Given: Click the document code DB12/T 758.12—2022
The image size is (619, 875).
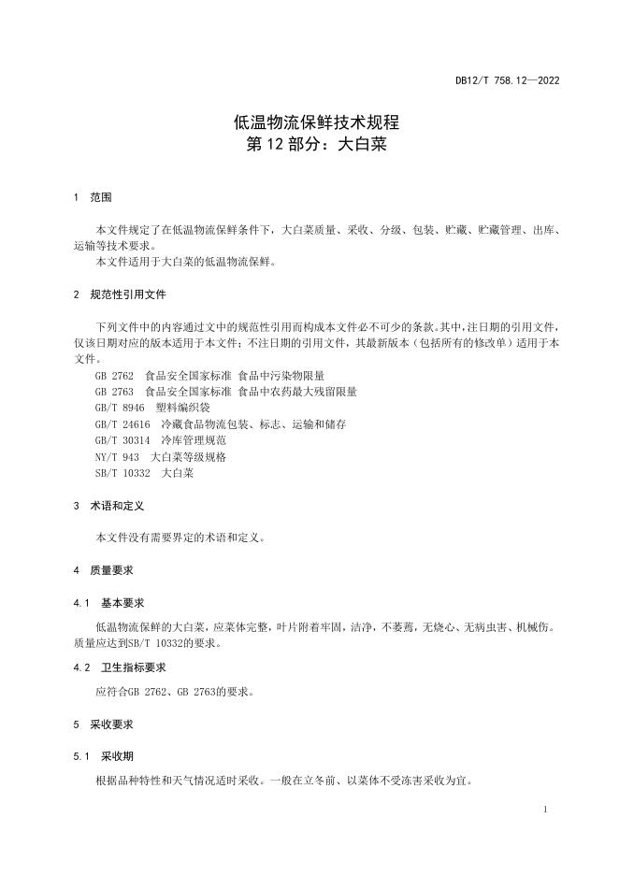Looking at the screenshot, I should coord(507,80).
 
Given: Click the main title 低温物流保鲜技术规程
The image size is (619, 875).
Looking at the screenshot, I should coord(309,123).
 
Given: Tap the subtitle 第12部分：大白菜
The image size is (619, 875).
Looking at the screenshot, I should coord(309,146).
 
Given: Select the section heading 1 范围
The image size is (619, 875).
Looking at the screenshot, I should coord(93,198).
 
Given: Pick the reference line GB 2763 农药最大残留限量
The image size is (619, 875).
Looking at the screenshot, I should coord(224,392).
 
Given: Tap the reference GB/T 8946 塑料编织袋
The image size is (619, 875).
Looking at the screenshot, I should coord(152,409).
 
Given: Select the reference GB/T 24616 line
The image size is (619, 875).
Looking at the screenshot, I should coord(220,424).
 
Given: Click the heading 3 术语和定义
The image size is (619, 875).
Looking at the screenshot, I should coord(108,506).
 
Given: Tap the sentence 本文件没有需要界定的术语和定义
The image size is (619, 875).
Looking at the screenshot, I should coord(180,538).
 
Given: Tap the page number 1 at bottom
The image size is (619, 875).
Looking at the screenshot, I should coord(545,810).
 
